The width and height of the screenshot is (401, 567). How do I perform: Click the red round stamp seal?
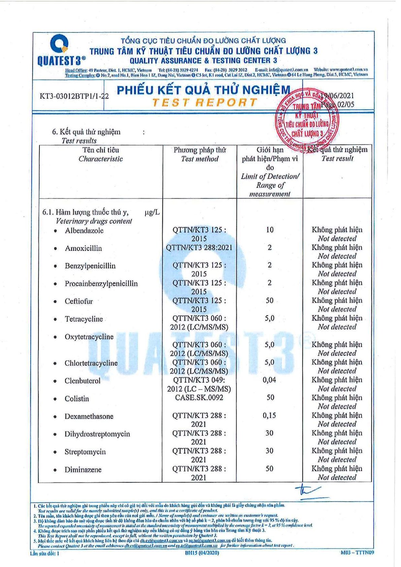[307, 120]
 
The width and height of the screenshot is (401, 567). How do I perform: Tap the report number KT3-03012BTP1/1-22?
[74, 96]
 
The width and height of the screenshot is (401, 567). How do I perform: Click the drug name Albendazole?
[84, 231]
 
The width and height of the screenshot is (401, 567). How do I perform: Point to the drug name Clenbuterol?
[83, 381]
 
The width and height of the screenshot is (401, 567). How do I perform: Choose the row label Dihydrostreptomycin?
[97, 434]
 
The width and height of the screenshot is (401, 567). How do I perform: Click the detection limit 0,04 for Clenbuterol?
[269, 380]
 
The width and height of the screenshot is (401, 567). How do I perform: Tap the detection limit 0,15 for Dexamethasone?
[269, 415]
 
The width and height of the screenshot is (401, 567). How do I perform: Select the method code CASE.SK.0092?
[199, 398]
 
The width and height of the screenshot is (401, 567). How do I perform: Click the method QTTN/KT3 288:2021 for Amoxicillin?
[199, 248]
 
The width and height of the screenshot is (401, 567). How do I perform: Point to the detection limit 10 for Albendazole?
[270, 230]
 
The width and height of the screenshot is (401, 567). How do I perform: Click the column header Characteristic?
[101, 159]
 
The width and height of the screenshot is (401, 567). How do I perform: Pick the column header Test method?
[199, 159]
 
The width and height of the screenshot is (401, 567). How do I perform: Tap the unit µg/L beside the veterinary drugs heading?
[152, 212]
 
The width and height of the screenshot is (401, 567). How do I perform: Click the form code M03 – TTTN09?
[357, 553]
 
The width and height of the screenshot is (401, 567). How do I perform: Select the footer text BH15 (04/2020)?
[202, 553]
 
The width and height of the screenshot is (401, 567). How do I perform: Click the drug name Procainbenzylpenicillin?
[101, 283]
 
